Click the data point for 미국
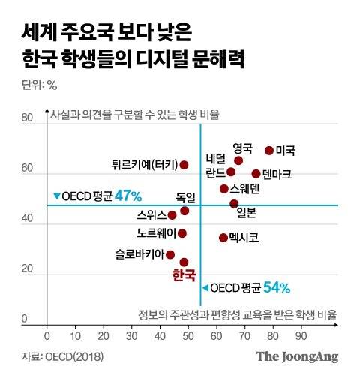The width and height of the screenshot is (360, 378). tap(269, 151)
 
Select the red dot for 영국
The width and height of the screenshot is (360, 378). tap(238, 160)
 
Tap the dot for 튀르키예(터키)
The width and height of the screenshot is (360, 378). tap(184, 165)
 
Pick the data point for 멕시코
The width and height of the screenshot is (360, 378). tap(223, 238)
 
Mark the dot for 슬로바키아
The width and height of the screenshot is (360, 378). tap(170, 254)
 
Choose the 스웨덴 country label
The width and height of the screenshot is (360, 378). tap(245, 188)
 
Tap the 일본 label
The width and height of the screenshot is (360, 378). tap(246, 212)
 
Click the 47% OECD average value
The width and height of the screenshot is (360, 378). tap(128, 196)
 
